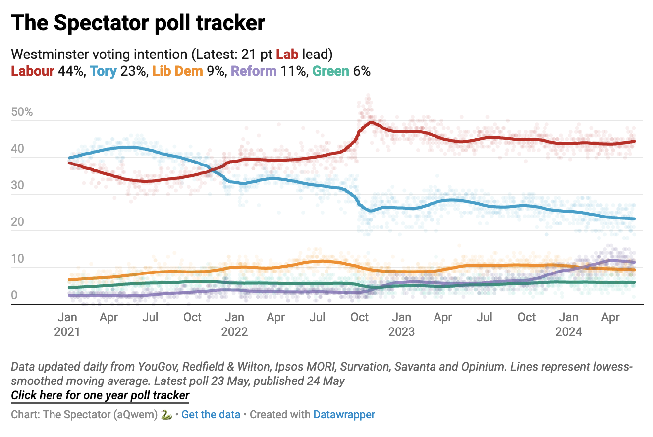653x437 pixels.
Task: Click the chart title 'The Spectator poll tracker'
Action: click(138, 23)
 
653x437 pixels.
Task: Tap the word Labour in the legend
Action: click(32, 71)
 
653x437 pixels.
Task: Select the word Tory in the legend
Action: click(103, 71)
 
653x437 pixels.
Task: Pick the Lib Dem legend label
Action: click(177, 71)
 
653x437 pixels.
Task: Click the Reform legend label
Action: click(254, 71)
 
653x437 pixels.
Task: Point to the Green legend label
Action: click(330, 71)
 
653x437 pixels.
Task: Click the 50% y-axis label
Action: click(22, 112)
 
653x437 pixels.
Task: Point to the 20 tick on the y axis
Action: click(17, 222)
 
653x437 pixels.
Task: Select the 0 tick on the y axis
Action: click(14, 295)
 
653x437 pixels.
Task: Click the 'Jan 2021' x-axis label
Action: click(67, 324)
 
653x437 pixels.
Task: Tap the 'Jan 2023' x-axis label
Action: click(401, 324)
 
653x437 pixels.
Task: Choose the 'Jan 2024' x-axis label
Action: click(569, 324)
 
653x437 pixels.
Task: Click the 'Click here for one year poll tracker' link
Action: click(100, 395)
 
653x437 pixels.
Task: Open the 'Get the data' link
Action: click(211, 415)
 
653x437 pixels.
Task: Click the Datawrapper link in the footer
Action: click(344, 415)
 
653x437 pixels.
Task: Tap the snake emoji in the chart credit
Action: click(166, 415)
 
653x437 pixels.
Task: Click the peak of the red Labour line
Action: click(370, 122)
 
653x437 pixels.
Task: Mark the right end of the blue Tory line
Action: click(635, 218)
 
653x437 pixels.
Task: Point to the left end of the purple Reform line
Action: click(69, 295)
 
